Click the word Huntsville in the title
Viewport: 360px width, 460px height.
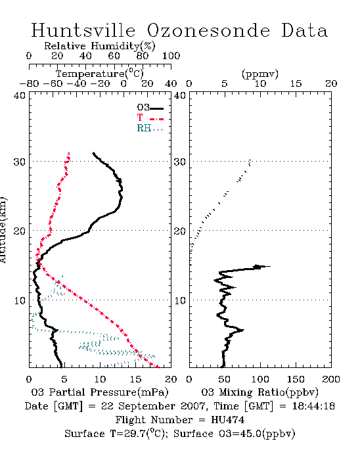(83, 30)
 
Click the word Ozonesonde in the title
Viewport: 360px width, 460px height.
(208, 30)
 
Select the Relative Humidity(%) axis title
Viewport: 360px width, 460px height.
(100, 46)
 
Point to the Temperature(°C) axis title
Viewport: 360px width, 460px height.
(100, 74)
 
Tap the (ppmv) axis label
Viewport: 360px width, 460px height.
(260, 74)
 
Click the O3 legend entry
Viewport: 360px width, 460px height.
(150, 108)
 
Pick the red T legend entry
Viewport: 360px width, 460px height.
(150, 118)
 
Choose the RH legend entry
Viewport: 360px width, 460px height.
(150, 128)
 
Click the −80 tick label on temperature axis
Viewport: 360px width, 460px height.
(29, 84)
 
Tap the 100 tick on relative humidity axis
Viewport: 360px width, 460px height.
(171, 56)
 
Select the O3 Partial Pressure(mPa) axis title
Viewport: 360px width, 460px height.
(100, 392)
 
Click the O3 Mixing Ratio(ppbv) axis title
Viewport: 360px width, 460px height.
(259, 392)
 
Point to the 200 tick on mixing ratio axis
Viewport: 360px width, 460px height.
(331, 380)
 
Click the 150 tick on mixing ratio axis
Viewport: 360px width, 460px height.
(296, 380)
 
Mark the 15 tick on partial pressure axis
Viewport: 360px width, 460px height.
(135, 380)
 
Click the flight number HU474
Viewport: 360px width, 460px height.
(227, 420)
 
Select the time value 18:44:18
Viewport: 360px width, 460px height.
(313, 406)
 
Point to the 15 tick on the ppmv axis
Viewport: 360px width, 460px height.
(296, 84)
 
